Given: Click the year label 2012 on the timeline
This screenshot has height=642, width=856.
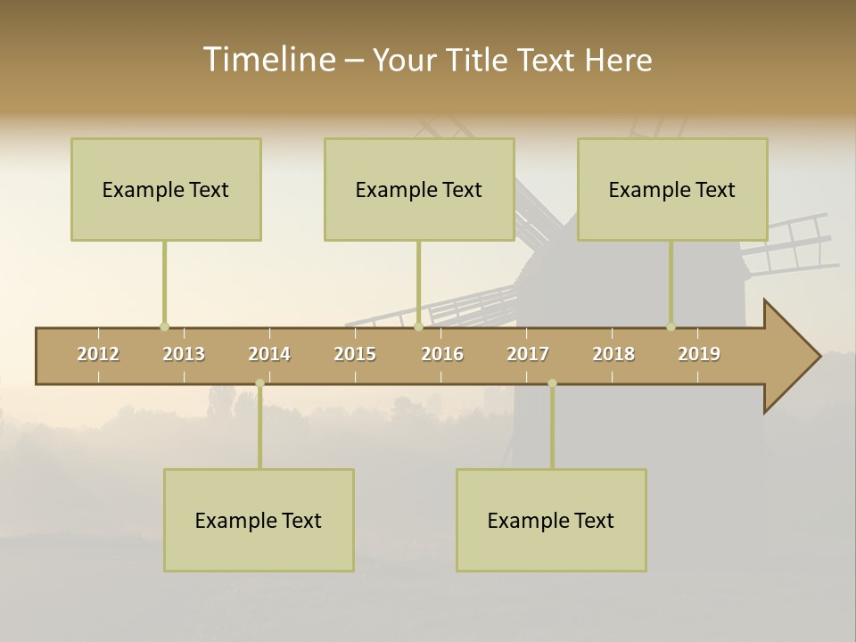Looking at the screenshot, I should (98, 354).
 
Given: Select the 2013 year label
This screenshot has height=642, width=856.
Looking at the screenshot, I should (184, 354).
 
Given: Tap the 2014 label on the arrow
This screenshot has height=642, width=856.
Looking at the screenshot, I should (269, 354).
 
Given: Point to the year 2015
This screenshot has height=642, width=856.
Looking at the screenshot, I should (355, 354).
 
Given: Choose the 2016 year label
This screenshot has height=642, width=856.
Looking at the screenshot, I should (442, 354).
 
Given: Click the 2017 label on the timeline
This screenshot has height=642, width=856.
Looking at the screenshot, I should (528, 354).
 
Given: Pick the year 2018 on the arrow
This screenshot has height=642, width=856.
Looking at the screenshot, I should (613, 354).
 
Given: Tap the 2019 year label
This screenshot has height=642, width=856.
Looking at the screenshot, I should (699, 354).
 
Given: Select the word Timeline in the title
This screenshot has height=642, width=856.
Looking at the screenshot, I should (267, 60).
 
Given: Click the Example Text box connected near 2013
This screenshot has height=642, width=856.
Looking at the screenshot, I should (166, 189).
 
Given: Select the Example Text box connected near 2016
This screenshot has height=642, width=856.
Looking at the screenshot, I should (419, 189).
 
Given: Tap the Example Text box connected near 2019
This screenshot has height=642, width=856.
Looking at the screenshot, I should (672, 189).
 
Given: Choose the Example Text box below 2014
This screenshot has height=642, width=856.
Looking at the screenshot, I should (259, 520).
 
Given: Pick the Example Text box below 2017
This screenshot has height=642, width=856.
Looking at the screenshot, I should (551, 520).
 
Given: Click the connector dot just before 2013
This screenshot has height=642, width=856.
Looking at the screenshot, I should (164, 326).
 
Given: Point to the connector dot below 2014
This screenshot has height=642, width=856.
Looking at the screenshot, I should (259, 383).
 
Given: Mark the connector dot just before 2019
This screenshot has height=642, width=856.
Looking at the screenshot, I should (671, 326).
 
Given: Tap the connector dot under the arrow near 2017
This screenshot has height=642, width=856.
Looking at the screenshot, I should (552, 383).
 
